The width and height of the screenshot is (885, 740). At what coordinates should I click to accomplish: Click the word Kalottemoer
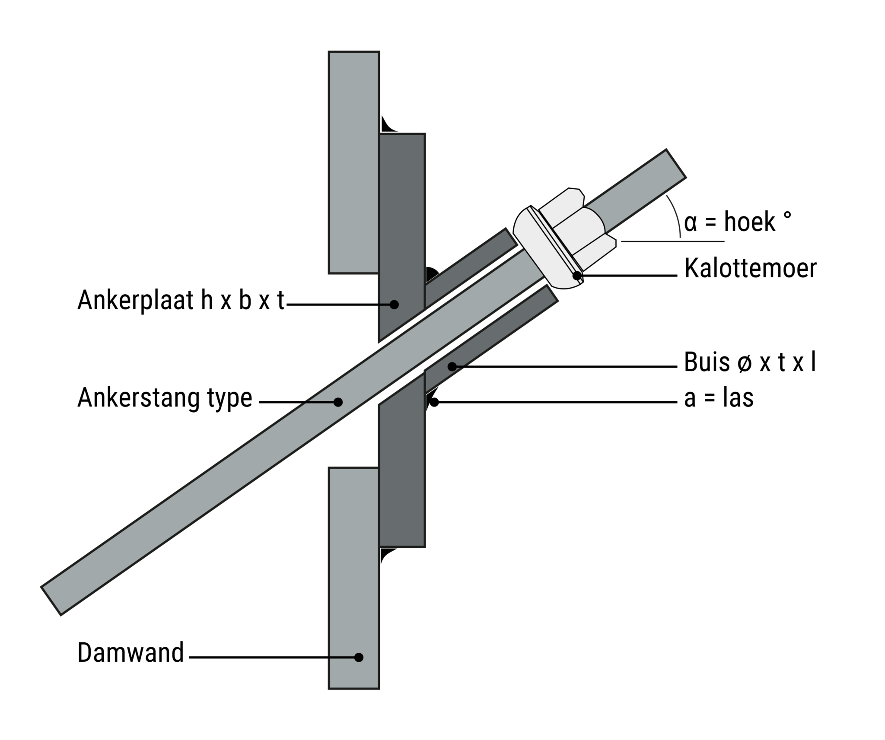750,268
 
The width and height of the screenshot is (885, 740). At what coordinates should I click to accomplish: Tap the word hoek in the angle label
749,222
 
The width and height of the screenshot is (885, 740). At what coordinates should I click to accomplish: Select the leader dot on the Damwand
358,657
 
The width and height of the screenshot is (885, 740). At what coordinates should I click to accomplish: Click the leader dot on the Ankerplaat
394,305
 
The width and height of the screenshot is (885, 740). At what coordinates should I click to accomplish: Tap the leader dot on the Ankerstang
338,402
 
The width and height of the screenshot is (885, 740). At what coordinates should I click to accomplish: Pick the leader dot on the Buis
452,367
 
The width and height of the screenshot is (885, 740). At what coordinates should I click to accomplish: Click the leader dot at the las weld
434,402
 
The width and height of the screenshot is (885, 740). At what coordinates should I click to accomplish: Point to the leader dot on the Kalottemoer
577,275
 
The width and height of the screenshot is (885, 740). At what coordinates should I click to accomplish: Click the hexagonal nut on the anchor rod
577,229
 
